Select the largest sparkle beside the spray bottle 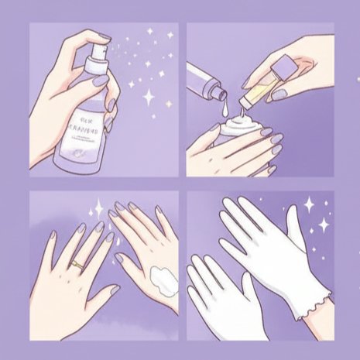148,97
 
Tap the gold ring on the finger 77,264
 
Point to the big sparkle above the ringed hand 99,208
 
